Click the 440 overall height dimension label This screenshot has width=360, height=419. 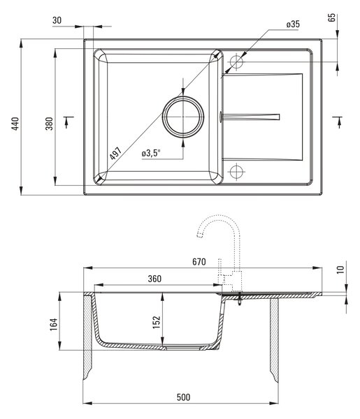click(15, 124)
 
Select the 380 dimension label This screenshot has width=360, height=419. click(49, 124)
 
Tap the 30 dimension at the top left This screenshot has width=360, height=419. click(57, 20)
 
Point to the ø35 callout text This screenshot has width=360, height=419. click(293, 24)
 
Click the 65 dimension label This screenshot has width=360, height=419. click(331, 17)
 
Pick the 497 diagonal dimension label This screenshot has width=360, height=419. click(115, 153)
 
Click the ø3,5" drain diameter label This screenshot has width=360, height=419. click(151, 154)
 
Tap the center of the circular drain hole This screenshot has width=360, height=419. click(183, 117)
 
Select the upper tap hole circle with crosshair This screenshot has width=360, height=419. click(236, 62)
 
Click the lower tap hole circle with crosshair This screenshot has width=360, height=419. click(236, 171)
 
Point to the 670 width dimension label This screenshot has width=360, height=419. click(199, 262)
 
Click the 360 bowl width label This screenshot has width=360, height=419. click(154, 279)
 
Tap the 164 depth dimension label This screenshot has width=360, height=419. click(54, 325)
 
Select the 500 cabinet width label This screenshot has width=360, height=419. click(183, 397)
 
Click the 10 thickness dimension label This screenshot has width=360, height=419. click(340, 270)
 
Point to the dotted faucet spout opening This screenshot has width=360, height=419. click(199, 235)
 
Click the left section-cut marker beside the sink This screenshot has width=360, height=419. click(68, 122)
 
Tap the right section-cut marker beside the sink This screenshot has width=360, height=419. click(338, 122)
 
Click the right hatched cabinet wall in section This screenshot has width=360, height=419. click(275, 339)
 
